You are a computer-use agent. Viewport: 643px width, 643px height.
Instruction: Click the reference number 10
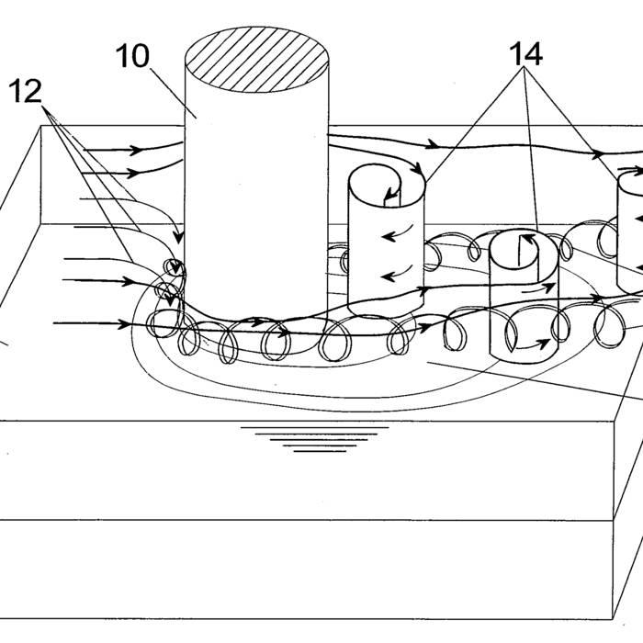click(132, 56)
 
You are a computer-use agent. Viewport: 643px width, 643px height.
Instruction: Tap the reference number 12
click(25, 91)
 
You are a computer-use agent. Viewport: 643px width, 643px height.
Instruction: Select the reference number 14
click(525, 53)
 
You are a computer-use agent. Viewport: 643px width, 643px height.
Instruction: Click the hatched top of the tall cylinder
click(257, 60)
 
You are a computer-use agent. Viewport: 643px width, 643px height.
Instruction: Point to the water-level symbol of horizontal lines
click(314, 439)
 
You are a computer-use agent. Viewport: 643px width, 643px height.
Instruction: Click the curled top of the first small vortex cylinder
click(387, 186)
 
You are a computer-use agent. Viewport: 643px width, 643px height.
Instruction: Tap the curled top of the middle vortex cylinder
click(525, 251)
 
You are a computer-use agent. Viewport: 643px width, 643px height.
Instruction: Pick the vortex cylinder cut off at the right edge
click(630, 231)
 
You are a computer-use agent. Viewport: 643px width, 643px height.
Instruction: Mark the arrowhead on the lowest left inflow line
click(123, 324)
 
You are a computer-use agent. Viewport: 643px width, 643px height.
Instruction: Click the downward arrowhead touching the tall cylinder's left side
click(178, 237)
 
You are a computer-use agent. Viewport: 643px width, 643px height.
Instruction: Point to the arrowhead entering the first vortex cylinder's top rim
click(417, 168)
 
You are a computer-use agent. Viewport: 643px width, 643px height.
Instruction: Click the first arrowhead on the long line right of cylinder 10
click(432, 144)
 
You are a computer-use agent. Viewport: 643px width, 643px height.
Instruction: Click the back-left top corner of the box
click(40, 126)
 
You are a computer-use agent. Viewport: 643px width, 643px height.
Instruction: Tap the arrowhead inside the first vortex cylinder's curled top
click(390, 192)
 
